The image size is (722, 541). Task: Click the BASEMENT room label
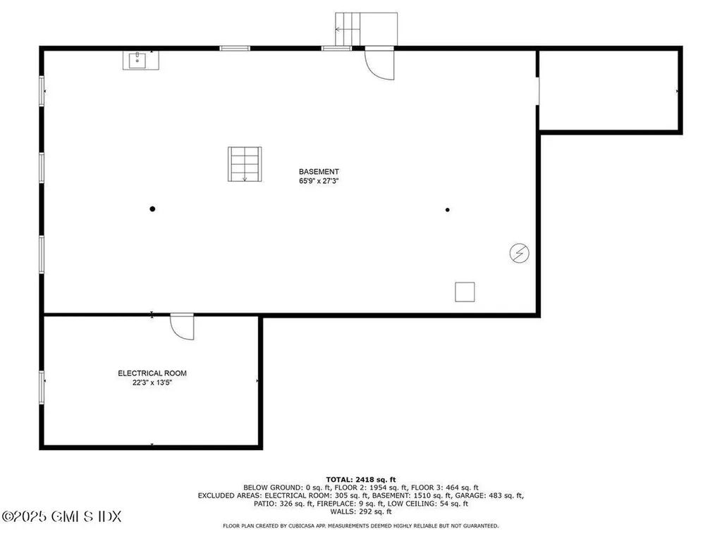click(x=319, y=171)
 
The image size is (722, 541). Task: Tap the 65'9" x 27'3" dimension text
click(x=319, y=181)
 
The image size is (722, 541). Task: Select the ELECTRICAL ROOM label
click(x=152, y=373)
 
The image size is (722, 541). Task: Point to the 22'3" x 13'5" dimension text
click(x=152, y=383)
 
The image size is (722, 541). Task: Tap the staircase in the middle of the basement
click(x=244, y=164)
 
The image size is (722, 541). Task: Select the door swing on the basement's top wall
click(x=379, y=63)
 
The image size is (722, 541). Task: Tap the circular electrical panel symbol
click(x=520, y=254)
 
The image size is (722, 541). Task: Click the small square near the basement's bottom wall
click(x=465, y=292)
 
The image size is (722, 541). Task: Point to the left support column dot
click(x=152, y=209)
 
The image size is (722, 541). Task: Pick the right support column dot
click(x=447, y=209)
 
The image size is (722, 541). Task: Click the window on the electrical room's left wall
click(x=42, y=387)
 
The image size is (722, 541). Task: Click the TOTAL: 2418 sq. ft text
click(x=360, y=479)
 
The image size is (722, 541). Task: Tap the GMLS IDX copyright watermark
click(x=61, y=516)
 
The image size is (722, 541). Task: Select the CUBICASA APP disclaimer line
click(x=360, y=526)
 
